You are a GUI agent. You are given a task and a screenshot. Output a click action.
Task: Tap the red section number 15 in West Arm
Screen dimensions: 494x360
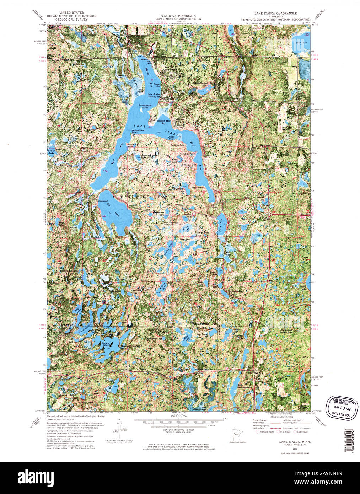104,171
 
